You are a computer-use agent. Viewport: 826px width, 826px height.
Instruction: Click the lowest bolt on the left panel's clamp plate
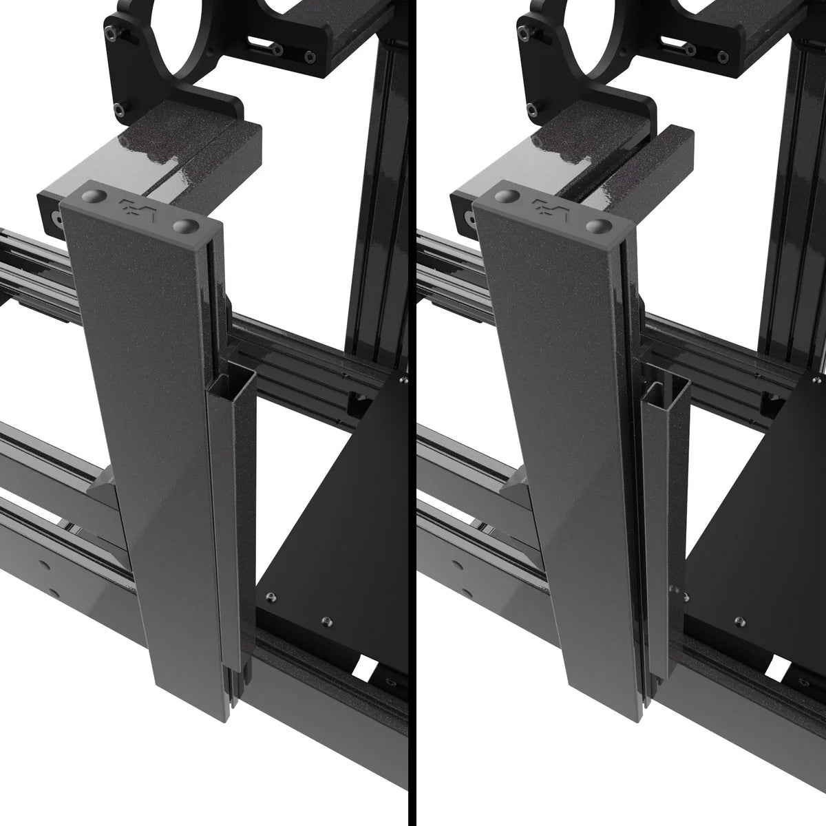tap(121, 108)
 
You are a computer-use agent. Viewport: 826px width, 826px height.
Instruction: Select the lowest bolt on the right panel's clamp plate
tap(532, 108)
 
